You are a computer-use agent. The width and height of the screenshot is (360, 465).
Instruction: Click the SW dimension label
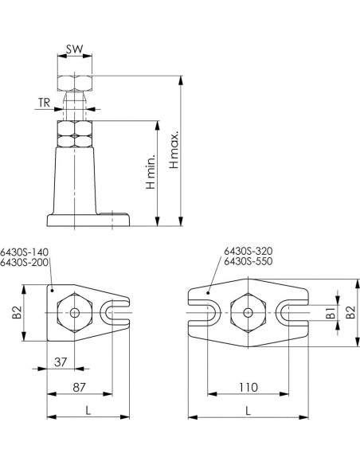coord(74,49)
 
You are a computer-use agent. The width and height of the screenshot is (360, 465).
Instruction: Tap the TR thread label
coord(44,103)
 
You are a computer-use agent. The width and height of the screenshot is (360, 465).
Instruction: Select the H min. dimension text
coord(151,172)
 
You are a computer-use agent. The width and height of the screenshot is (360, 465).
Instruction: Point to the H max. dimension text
coord(174,150)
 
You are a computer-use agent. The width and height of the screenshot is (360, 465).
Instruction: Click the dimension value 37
coord(61,361)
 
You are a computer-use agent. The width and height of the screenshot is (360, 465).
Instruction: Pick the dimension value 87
coord(79,387)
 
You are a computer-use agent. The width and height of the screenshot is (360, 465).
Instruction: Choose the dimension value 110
coord(248,387)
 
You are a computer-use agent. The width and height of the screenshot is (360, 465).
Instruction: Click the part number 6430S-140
coord(24,252)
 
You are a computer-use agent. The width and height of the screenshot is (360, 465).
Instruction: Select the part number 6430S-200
coord(24,263)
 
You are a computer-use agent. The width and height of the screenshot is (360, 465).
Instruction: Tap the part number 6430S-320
coord(248,251)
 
